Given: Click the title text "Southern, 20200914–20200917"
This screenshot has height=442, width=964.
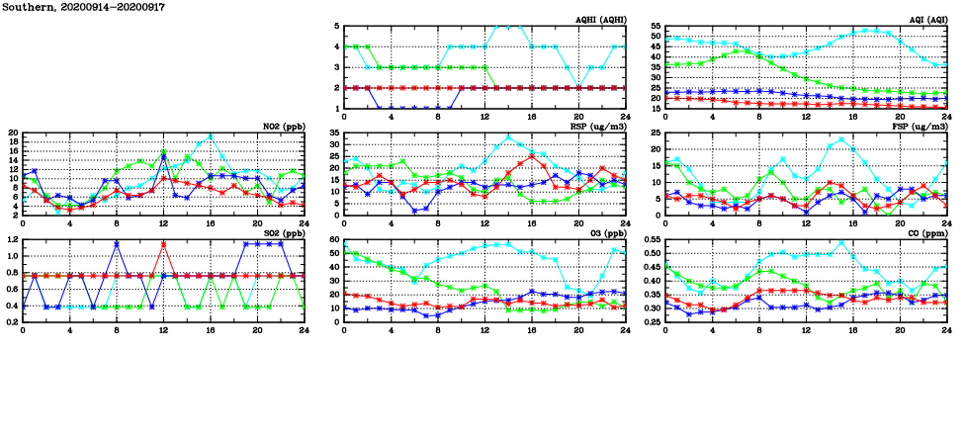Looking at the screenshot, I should pos(84,7).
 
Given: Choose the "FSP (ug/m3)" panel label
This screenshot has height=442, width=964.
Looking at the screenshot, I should pos(920,127).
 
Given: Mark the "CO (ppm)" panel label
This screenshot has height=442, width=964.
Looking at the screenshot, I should pos(927,233).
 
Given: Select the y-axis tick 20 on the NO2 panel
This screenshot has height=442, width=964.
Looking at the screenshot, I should pos(13,133).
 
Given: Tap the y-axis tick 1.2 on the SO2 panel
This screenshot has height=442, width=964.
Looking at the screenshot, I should pos(11,239).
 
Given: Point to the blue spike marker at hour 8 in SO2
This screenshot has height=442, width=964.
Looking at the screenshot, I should pos(117,243).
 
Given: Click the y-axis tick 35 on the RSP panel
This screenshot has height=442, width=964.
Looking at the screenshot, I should pos(334,133).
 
